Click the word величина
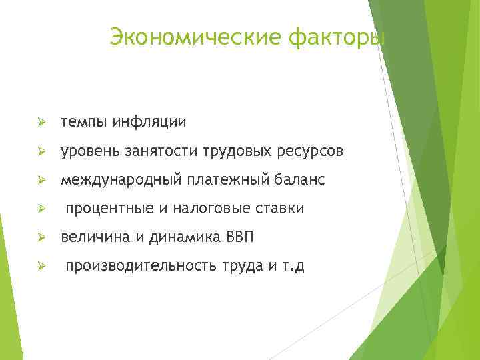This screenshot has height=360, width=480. (89, 237)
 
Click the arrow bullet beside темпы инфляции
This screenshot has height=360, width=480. (41, 123)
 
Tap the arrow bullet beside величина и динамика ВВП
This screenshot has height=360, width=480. (41, 238)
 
